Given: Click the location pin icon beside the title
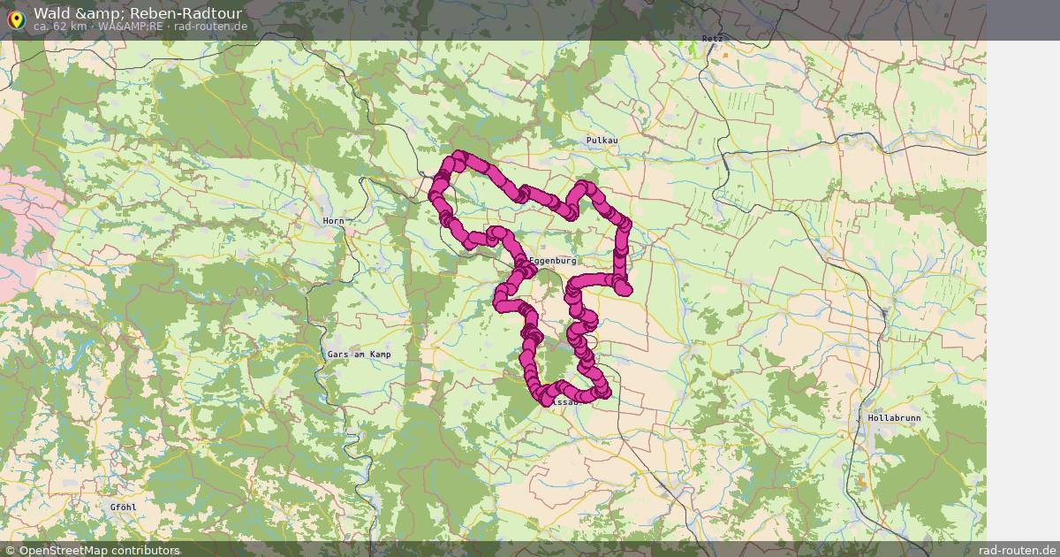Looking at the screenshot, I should point(15,19).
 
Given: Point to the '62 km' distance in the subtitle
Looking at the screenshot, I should point(72,27).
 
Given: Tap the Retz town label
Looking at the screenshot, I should point(711,39).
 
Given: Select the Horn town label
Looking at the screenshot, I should point(333,220).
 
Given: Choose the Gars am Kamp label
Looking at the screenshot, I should point(359,354).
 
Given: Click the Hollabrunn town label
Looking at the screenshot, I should point(894,416).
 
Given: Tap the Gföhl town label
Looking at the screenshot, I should point(123,507).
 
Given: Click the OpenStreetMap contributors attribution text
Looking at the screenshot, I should point(99,550).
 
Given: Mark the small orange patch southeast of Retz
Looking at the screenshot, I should point(724,55).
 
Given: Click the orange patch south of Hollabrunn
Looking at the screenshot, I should point(861,483).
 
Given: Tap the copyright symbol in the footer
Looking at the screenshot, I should point(10,550).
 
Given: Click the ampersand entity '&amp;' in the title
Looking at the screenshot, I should point(110,13).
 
